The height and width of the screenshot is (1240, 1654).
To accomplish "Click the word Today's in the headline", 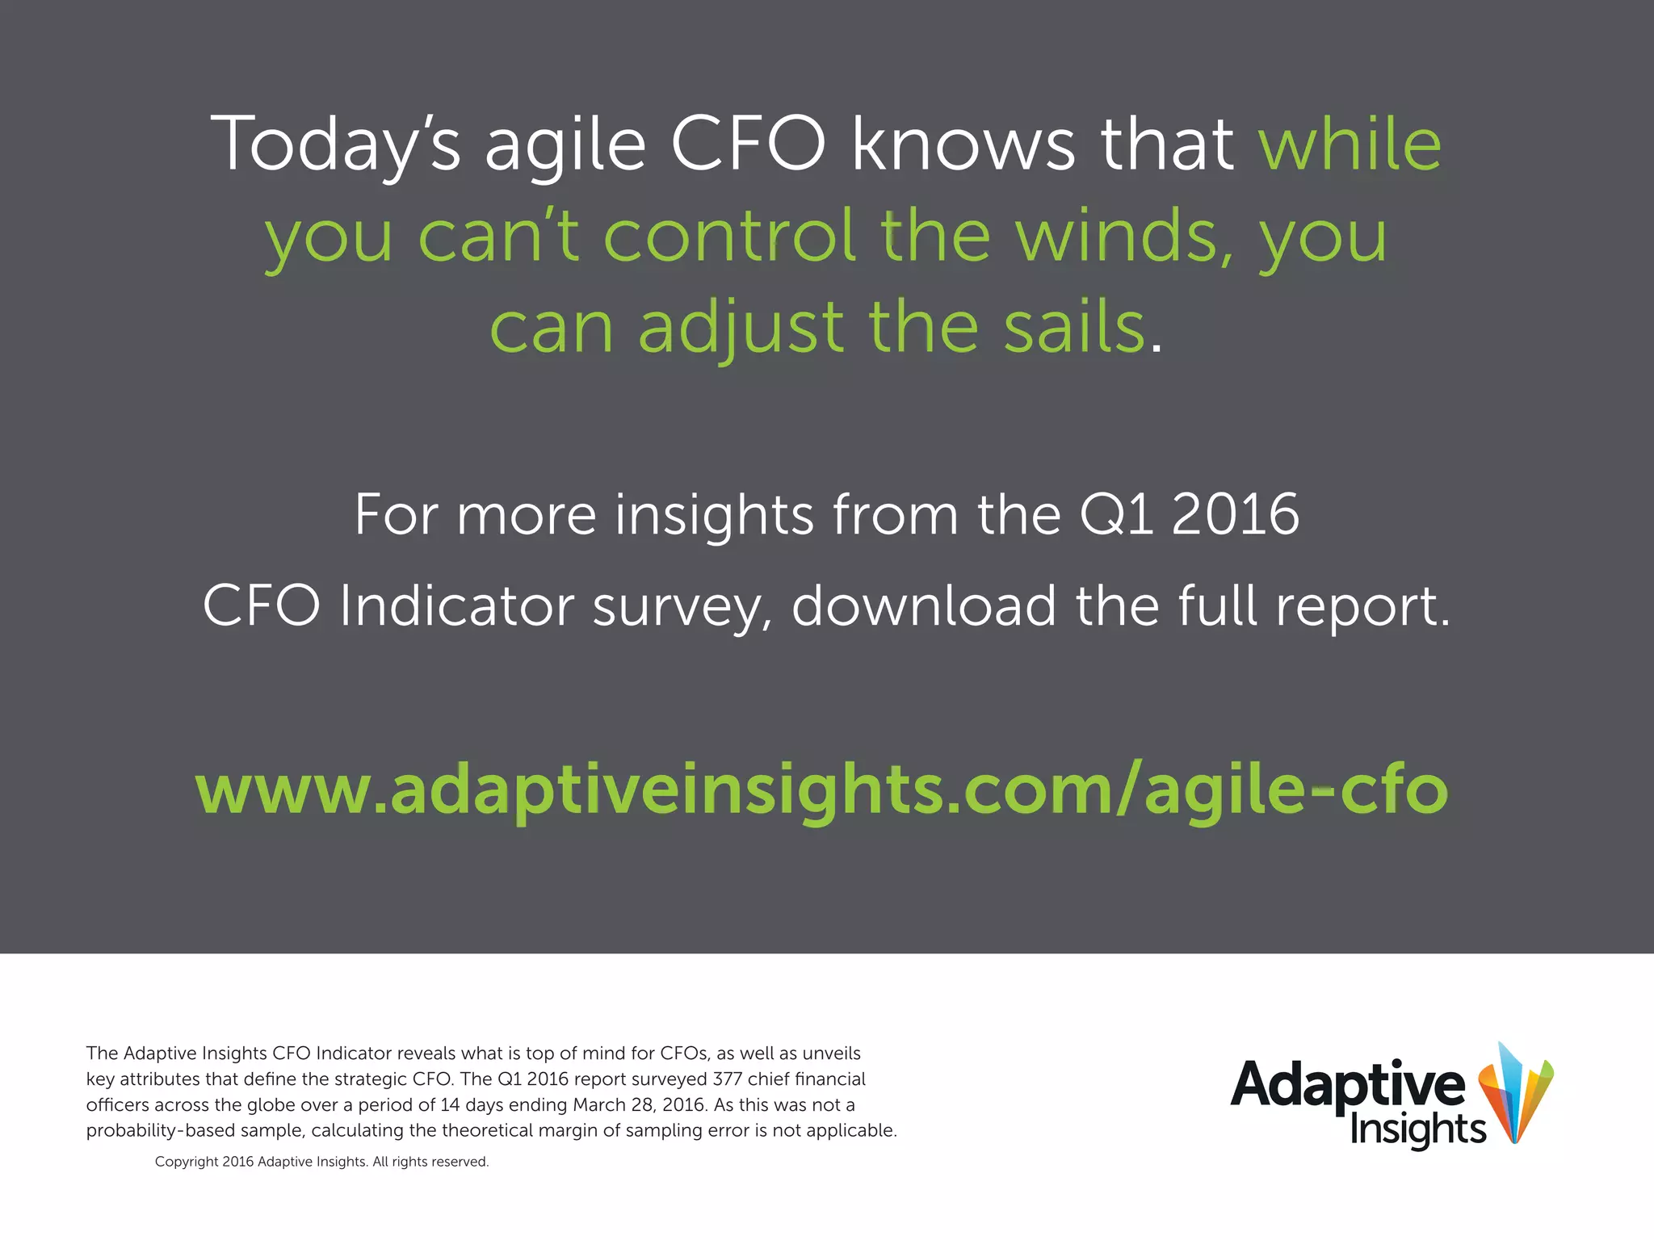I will (x=334, y=145).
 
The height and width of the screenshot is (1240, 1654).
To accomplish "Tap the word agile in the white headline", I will (x=565, y=145).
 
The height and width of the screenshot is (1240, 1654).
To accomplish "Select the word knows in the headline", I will (x=963, y=145).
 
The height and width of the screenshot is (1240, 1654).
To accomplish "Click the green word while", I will (x=1350, y=145).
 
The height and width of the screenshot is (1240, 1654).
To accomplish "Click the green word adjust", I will (x=741, y=329).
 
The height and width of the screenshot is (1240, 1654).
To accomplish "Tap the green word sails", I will (x=1074, y=329).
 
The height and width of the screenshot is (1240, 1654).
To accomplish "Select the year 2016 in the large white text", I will (x=1236, y=514).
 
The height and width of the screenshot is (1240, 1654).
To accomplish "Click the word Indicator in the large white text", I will (x=457, y=605).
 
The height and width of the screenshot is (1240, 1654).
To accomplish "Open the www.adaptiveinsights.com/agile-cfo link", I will (x=822, y=790).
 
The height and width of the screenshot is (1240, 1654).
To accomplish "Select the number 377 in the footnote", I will (x=727, y=1079).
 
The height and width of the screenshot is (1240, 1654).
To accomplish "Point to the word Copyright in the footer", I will (x=187, y=1162).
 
